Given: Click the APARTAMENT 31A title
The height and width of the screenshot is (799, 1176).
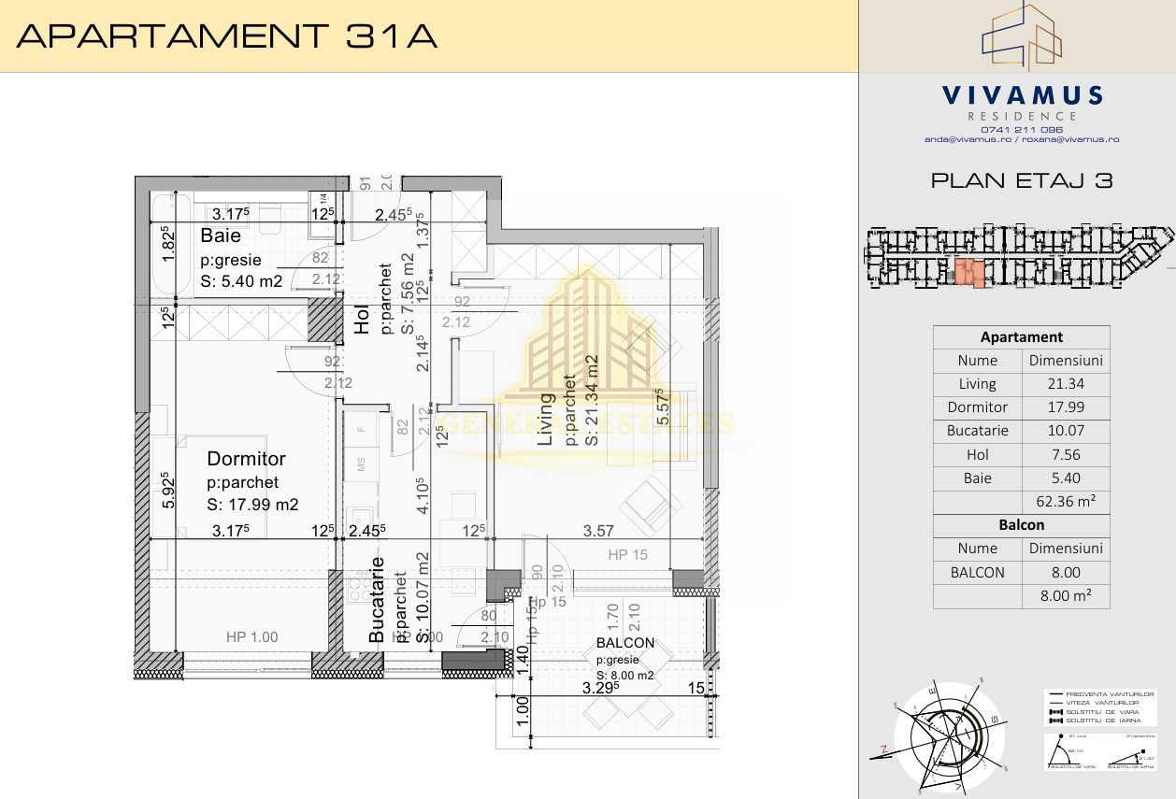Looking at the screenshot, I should pyautogui.click(x=227, y=36).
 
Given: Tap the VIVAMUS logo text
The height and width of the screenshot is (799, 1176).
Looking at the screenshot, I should pyautogui.click(x=1022, y=95).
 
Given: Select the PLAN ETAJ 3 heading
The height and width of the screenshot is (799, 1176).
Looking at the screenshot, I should pyautogui.click(x=1022, y=181).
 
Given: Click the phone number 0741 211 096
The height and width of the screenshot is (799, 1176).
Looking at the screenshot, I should pyautogui.click(x=1022, y=129).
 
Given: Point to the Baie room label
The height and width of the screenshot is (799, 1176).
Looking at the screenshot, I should pyautogui.click(x=221, y=236).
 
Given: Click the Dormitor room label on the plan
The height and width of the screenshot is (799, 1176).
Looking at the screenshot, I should pyautogui.click(x=246, y=459).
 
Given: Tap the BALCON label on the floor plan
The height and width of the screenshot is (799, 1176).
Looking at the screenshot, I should pyautogui.click(x=625, y=643).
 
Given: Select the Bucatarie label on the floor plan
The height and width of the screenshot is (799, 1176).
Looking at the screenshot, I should pyautogui.click(x=377, y=599).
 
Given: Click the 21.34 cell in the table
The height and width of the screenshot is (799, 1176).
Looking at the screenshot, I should pyautogui.click(x=1066, y=384).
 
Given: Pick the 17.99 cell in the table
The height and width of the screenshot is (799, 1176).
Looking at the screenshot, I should pyautogui.click(x=1066, y=407).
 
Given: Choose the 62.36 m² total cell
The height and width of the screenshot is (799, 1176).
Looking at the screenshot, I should pyautogui.click(x=1066, y=502).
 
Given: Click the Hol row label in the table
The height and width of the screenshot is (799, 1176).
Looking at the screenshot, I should pyautogui.click(x=977, y=455).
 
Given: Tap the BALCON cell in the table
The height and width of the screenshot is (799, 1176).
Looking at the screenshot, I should pyautogui.click(x=977, y=573).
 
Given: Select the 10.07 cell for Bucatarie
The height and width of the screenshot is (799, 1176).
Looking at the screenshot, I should pyautogui.click(x=1066, y=432).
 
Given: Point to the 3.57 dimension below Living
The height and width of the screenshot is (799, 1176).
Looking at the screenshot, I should pyautogui.click(x=598, y=531).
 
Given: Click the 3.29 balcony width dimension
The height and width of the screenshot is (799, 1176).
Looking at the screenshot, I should pyautogui.click(x=602, y=689).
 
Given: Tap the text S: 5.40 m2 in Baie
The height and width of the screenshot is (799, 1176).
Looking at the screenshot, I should pyautogui.click(x=241, y=281).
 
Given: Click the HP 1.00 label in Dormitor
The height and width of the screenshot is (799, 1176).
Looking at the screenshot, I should pyautogui.click(x=251, y=637).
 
